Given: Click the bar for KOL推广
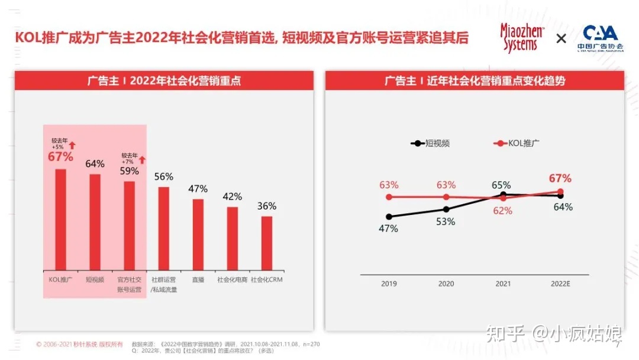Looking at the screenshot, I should point(60,219).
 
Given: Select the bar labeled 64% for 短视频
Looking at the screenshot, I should point(95,221).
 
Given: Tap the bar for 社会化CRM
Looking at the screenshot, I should point(267,243).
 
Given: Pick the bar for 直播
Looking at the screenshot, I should point(198,234).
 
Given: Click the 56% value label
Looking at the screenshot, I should point(164,176).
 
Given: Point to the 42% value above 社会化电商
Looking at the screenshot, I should point(233,197).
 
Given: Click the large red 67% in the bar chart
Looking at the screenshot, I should point(60,157).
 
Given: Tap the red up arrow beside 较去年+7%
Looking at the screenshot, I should point(142,159).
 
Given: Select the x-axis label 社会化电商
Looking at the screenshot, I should point(233,279).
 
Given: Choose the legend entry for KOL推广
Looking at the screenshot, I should point(515,143).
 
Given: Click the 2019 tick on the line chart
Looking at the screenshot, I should point(389,284).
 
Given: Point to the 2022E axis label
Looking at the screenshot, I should point(560,284).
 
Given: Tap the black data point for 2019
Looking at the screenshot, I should point(389,217).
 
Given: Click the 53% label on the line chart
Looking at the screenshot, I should point(446,221).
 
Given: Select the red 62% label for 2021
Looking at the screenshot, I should point(502,210).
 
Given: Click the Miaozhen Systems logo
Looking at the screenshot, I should point(522,38).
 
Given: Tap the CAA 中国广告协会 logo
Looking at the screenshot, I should point(600,38).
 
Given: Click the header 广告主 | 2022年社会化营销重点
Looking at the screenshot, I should point(164,81).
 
